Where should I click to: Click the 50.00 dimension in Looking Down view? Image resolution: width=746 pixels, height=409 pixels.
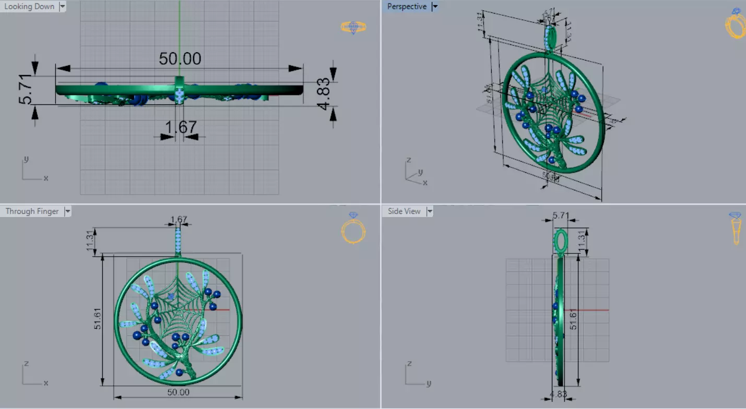pos(180,58)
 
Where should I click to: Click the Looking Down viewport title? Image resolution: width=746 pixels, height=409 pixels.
pos(29,7)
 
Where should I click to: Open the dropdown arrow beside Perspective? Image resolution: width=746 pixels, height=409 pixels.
pos(435,7)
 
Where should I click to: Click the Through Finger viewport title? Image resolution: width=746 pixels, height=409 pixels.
pos(32,211)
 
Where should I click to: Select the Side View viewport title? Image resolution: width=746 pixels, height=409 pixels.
pos(404,211)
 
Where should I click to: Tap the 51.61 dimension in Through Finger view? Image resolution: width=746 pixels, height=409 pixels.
pos(98,320)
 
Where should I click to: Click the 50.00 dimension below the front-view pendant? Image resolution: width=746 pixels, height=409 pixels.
pos(177,392)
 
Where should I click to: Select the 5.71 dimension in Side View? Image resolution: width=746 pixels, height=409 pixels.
pos(560,214)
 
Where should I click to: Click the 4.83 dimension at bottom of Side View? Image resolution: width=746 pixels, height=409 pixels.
pos(558,394)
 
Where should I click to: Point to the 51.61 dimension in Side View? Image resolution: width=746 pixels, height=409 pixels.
pos(573,320)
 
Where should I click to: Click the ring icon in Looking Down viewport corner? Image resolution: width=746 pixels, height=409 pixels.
pos(353,27)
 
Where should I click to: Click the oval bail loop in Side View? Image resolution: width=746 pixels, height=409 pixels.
pos(560,241)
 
